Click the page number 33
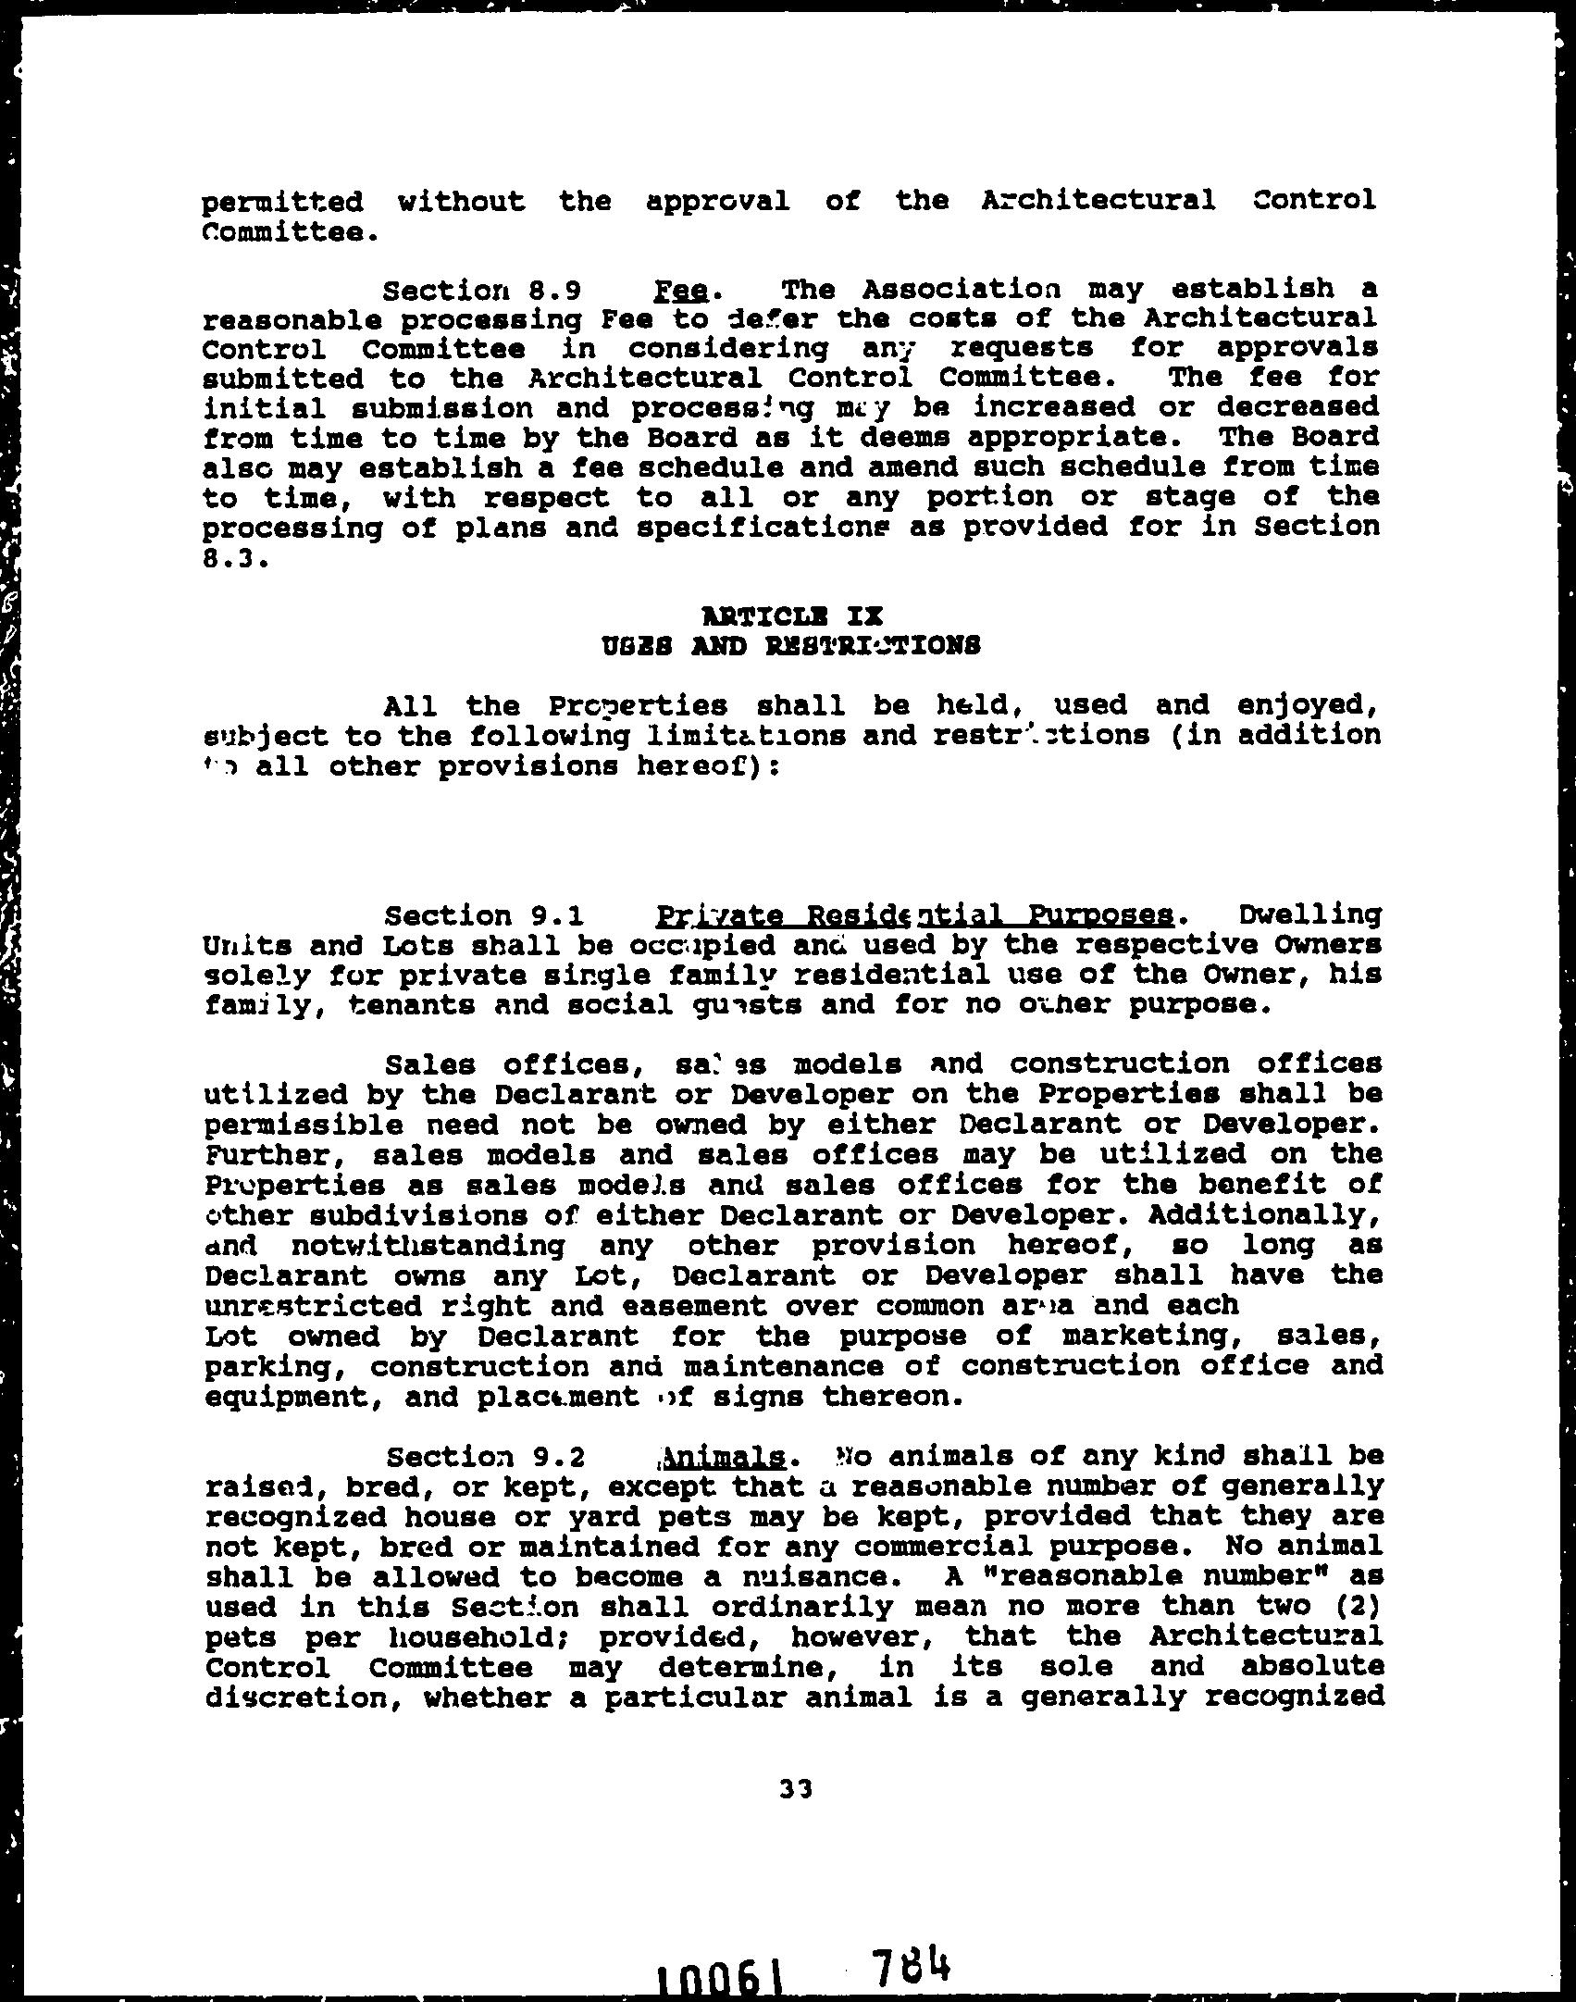pyautogui.click(x=796, y=1790)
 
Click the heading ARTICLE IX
pyautogui.click(x=792, y=616)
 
